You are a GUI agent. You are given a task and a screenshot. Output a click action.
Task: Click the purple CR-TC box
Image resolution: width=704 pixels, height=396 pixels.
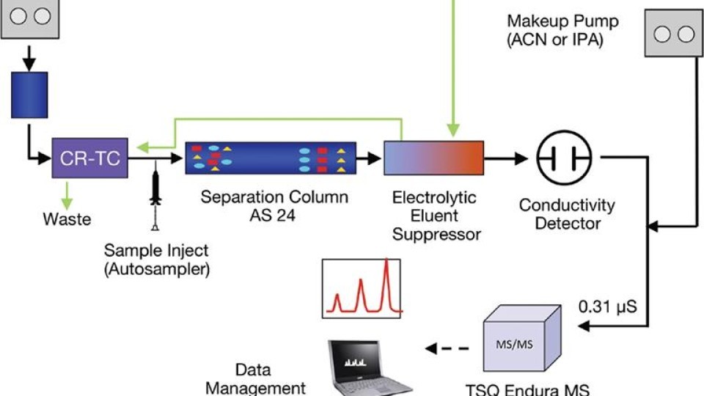coord(90,158)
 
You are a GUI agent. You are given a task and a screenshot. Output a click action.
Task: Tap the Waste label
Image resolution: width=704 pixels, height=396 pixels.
coord(67,219)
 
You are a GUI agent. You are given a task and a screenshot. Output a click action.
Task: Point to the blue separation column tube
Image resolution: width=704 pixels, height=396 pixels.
coord(271,157)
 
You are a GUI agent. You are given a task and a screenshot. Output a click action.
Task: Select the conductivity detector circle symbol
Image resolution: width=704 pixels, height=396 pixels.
coord(563,158)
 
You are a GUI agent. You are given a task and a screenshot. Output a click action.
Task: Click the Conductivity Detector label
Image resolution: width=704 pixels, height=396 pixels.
coord(567,214)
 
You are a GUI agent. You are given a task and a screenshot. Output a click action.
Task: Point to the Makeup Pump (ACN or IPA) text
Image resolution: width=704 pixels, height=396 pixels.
coord(562,31)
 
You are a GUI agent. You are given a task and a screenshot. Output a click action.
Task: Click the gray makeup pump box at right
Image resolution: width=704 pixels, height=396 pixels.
coord(674,34)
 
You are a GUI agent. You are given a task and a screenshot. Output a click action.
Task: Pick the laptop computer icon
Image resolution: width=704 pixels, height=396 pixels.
coord(367,367)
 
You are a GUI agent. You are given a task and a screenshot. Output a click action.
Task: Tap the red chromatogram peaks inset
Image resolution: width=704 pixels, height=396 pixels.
coord(362,287)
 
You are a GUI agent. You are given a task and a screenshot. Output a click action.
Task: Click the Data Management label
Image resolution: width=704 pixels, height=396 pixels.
coord(255,378)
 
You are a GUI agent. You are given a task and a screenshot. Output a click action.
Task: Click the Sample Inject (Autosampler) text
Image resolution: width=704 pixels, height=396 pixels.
coord(157,259)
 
